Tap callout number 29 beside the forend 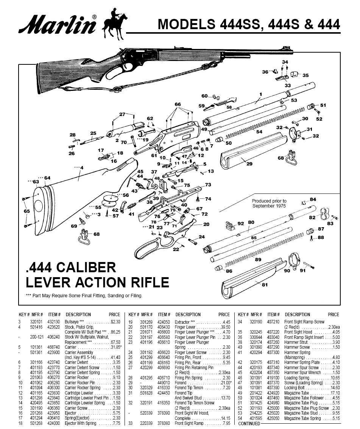249,164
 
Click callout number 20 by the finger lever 206,224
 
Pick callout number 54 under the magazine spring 259,132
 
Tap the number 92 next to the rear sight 241,224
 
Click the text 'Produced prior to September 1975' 269,203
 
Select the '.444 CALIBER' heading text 70,267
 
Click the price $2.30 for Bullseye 115,321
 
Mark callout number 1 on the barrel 260,94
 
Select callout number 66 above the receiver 178,104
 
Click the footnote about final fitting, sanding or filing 84,296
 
